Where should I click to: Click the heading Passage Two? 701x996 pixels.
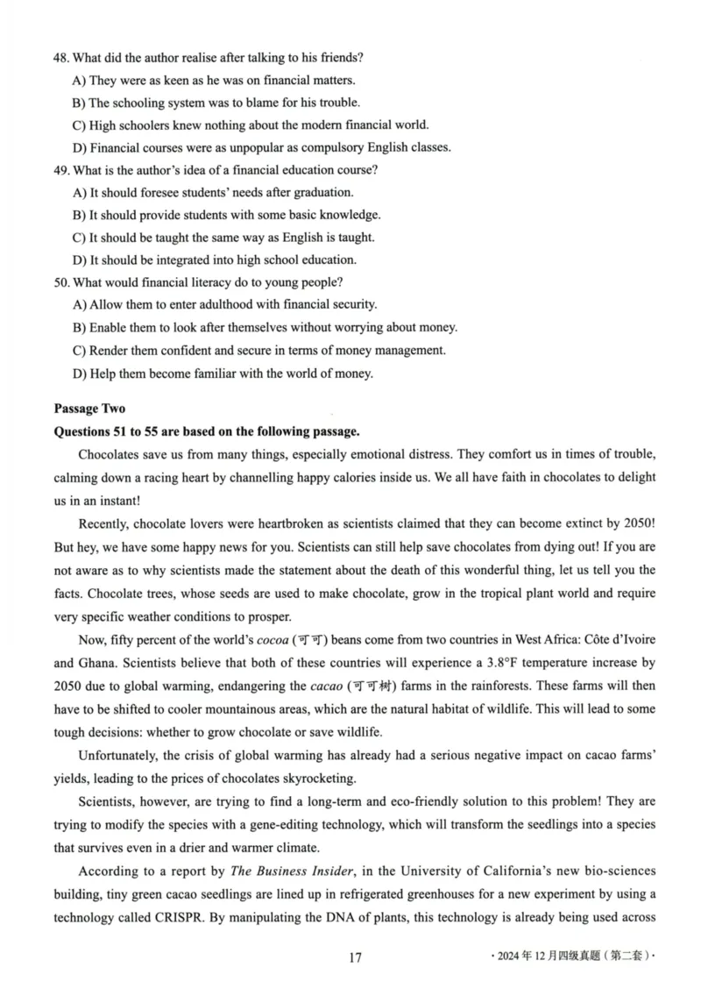[x=89, y=409]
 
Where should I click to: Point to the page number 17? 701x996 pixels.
[x=355, y=957]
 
